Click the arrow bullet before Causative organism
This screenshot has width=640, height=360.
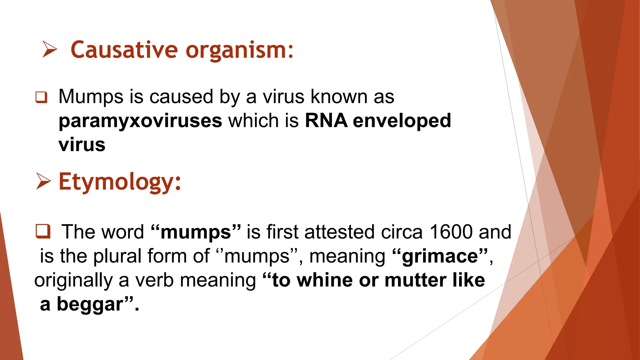click(x=50, y=50)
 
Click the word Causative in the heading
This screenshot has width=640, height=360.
click(x=124, y=50)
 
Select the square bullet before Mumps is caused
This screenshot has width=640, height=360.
click(x=41, y=97)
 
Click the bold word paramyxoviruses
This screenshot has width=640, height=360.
click(x=140, y=121)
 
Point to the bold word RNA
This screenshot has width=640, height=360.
click(x=326, y=121)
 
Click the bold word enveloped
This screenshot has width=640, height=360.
click(x=402, y=121)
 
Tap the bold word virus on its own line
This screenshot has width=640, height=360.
click(x=82, y=145)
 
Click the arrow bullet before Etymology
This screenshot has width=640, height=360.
click(x=43, y=181)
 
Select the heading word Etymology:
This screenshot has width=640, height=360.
click(x=120, y=182)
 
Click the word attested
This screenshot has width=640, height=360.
click(x=339, y=232)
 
